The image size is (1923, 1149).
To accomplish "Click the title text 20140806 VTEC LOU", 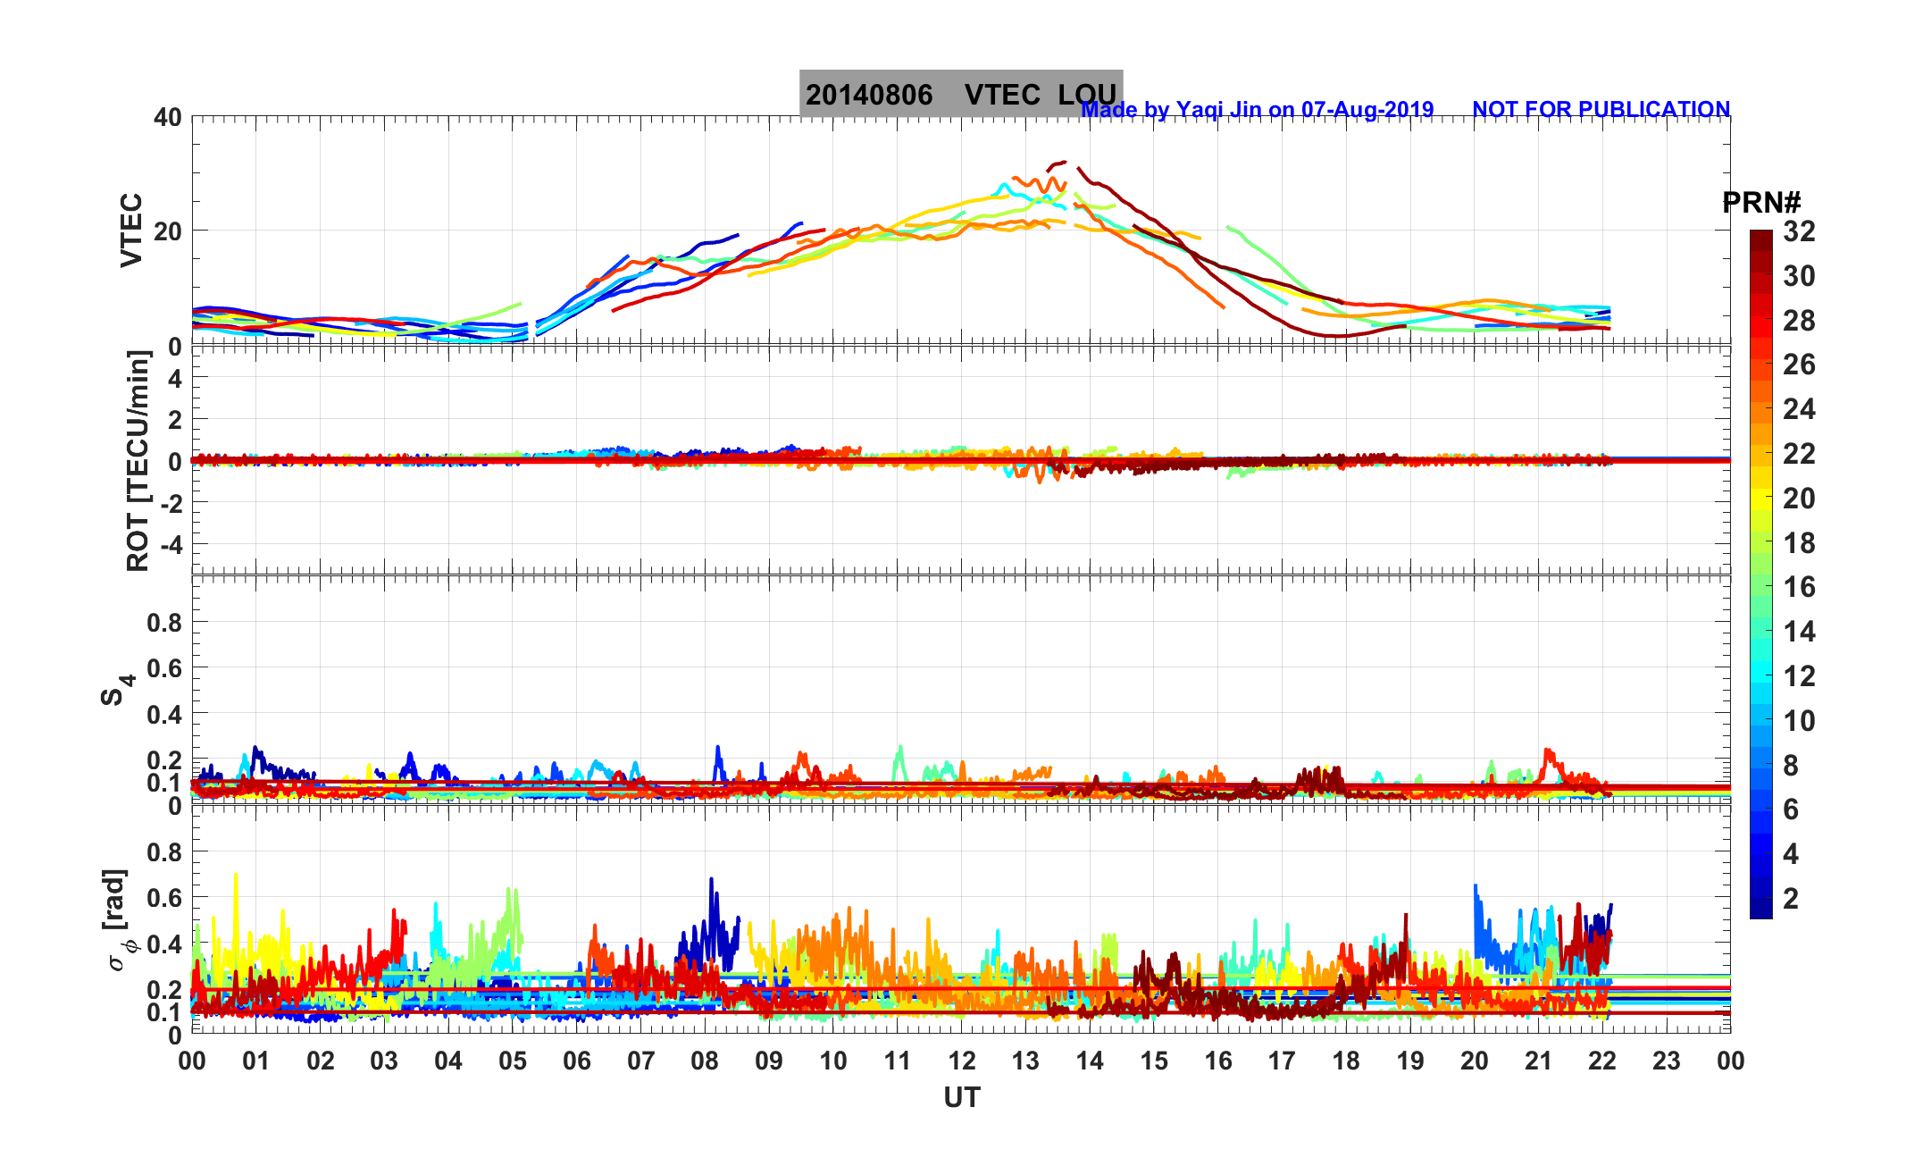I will [960, 94].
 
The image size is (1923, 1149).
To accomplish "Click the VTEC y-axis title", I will [131, 230].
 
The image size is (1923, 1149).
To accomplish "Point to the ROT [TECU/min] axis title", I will [138, 461].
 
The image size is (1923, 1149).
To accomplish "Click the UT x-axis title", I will [962, 1097].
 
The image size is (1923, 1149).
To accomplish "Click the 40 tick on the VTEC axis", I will [167, 117].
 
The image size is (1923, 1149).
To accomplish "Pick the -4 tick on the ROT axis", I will [168, 544].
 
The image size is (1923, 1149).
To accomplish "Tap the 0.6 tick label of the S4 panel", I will [164, 668].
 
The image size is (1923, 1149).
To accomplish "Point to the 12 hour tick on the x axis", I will [962, 1061].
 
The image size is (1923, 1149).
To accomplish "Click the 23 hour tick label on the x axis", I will [1667, 1061].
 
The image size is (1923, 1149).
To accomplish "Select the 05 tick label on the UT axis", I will [513, 1061].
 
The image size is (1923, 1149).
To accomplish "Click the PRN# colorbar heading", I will [1761, 203].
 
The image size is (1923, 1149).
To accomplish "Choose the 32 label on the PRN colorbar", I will [1799, 232].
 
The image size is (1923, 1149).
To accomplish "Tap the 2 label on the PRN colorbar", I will [1791, 899].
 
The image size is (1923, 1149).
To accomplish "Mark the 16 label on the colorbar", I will [1799, 587].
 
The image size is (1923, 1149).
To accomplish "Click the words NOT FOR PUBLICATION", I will [1601, 109].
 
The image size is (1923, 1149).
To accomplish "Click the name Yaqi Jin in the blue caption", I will [1219, 110].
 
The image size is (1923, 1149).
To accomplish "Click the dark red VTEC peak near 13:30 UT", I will [1059, 163].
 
